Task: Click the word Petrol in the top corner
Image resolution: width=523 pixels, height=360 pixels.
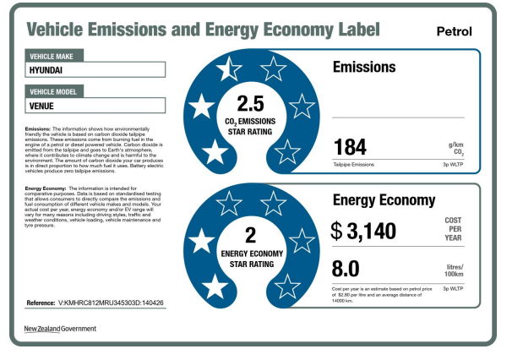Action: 454,32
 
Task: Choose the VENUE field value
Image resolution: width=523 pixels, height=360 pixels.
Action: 44,106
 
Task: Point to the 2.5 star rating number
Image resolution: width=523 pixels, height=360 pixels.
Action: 251,104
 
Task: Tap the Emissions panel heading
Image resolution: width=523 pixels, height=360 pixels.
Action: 364,67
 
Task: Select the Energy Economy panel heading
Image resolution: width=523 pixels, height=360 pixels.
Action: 384,200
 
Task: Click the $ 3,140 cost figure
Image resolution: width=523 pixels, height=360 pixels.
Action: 363,230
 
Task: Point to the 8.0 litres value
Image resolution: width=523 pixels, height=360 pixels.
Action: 346,269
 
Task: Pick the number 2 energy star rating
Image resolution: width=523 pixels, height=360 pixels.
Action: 250,235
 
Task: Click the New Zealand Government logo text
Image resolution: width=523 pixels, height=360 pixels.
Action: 60,329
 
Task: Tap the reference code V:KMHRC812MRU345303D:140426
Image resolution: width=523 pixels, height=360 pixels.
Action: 111,302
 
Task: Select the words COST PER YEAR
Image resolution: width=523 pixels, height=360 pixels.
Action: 453,230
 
